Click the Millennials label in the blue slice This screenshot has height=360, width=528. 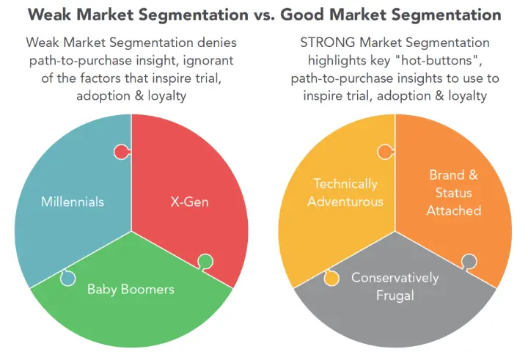pyautogui.click(x=73, y=202)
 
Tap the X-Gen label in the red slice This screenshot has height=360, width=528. pyautogui.click(x=190, y=202)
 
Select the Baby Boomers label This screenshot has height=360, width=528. pyautogui.click(x=131, y=290)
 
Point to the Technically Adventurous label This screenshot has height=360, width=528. pyautogui.click(x=345, y=193)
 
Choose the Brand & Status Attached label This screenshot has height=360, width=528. pyautogui.click(x=454, y=193)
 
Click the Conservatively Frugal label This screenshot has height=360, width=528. pyautogui.click(x=395, y=287)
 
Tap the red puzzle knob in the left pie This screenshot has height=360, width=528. pyautogui.click(x=122, y=153)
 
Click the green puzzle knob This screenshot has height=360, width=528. pyautogui.click(x=205, y=262)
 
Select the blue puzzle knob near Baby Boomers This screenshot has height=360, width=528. pyautogui.click(x=67, y=278)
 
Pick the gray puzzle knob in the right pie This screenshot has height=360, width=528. pyautogui.click(x=469, y=262)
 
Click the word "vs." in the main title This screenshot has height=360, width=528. pyautogui.click(x=264, y=15)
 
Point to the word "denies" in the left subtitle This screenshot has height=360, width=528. pyautogui.click(x=217, y=43)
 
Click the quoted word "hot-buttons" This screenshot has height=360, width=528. pyautogui.click(x=437, y=61)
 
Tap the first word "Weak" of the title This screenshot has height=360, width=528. pyautogui.click(x=50, y=15)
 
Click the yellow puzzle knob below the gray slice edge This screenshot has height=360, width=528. pyautogui.click(x=331, y=278)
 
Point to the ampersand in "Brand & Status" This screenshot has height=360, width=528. pyautogui.click(x=473, y=175)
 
